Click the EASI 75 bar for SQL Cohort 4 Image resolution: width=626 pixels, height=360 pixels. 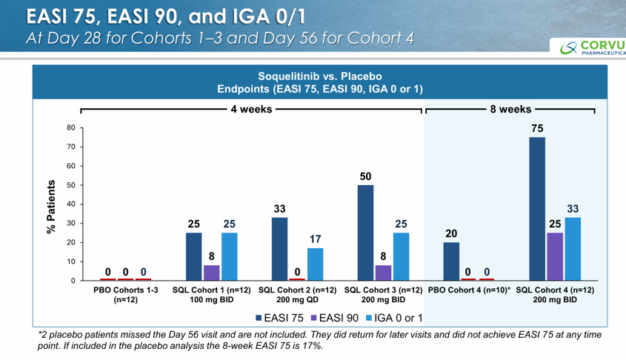pos(537,209)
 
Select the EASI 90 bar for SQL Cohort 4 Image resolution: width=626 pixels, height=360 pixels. pos(555,256)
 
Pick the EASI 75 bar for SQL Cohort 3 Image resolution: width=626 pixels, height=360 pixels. pos(365,233)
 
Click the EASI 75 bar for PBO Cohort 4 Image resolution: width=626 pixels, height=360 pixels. pos(451,261)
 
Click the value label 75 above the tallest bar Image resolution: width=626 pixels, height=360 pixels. pos(537,128)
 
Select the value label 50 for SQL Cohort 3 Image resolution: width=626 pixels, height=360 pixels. pos(365,176)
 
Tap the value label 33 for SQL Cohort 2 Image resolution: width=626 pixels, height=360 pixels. pos(279,209)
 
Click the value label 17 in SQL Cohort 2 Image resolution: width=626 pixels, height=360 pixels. pos(314,239)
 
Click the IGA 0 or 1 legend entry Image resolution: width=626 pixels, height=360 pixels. pos(395,318)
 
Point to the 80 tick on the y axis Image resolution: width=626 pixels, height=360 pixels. pos(70,128)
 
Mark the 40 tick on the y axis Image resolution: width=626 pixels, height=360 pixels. pos(70,204)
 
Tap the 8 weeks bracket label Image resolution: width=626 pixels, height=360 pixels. pos(510,110)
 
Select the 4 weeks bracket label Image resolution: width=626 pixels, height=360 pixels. pos(252,110)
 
